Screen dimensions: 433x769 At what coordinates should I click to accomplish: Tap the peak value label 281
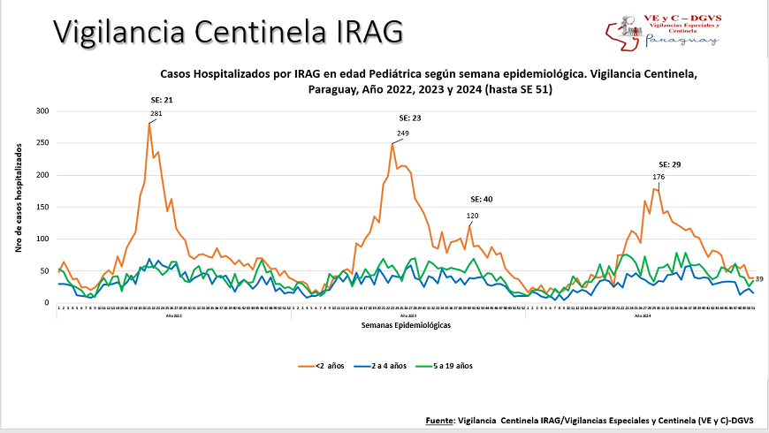pos(156,114)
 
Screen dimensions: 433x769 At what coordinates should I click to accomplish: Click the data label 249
pos(403,133)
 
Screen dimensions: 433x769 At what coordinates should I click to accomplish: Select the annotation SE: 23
pos(410,118)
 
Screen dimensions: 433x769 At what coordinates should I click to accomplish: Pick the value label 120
pos(472,216)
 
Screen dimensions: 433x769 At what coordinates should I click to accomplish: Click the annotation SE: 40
pos(481,200)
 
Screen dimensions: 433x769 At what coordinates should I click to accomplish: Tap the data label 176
pos(658,178)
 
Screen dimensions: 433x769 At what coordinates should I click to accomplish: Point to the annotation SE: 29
pos(669,165)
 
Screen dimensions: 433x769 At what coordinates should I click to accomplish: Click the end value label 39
pos(758,279)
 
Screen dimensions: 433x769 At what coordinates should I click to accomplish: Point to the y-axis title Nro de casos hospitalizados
pos(18,207)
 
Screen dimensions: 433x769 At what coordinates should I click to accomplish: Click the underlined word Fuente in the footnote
pos(440,421)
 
